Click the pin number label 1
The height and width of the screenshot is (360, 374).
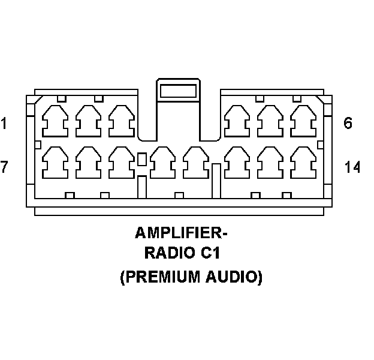[4, 124]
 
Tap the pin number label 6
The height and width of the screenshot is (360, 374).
[348, 124]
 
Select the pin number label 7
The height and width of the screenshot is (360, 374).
[4, 167]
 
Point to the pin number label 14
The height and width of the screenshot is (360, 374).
[352, 167]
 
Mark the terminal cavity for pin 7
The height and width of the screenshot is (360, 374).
[55, 162]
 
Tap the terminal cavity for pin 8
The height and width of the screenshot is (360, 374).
[88, 162]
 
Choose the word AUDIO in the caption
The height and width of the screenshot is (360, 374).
[234, 278]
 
